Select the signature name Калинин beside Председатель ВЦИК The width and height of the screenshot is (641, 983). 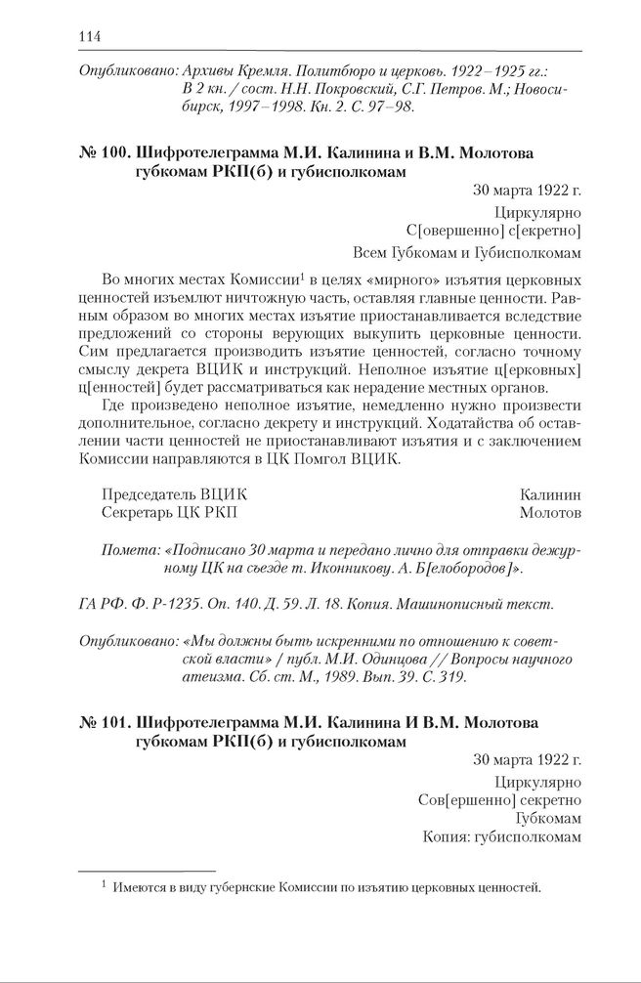tap(551, 494)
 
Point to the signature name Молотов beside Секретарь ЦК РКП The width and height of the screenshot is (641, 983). tap(550, 512)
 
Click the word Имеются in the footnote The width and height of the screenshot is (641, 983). tap(142, 888)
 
